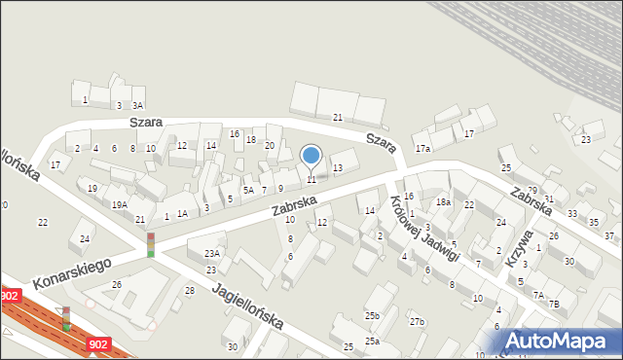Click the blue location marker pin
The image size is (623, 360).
311,156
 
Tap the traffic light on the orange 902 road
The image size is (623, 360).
66,317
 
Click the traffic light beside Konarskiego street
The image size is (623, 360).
151,243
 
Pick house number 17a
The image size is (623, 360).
422,149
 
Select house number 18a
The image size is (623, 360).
443,201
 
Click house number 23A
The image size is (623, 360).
211,253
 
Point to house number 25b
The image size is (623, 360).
372,316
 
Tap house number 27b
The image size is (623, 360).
417,321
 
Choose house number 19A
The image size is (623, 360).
119,204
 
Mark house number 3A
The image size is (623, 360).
138,105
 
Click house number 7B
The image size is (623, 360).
554,304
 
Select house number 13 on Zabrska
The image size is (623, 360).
338,168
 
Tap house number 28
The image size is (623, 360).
190,291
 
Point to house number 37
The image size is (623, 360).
609,236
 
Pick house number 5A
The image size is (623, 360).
248,191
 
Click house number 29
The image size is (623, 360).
532,190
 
